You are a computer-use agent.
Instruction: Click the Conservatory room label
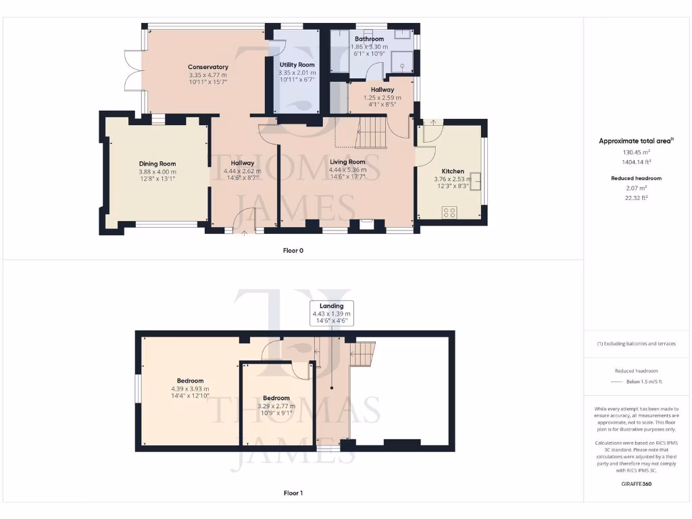click(207, 67)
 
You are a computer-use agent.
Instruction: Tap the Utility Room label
click(297, 65)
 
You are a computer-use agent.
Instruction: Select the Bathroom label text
click(369, 39)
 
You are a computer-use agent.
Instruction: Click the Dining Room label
click(157, 164)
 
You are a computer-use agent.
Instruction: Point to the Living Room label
click(347, 162)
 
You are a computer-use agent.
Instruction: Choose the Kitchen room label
click(452, 171)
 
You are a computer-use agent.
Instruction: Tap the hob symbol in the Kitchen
click(449, 212)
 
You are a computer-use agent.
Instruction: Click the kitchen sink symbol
click(476, 180)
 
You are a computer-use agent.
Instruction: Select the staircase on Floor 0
click(370, 132)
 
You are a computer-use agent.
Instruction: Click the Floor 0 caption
click(293, 251)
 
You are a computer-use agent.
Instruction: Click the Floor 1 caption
click(293, 493)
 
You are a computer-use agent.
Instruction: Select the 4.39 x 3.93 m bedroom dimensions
click(190, 389)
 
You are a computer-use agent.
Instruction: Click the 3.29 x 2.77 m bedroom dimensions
click(276, 405)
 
